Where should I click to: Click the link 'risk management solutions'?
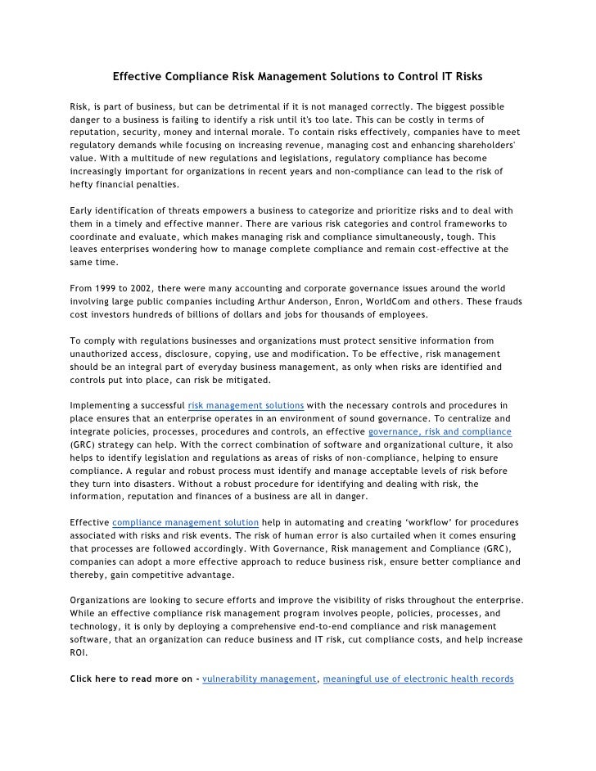246,405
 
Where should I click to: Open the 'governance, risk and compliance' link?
440,431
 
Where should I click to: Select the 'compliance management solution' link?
186,521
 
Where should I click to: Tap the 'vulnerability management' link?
259,679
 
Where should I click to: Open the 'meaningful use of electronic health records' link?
418,679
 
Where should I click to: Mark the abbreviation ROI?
79,653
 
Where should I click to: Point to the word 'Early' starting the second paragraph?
83,210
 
